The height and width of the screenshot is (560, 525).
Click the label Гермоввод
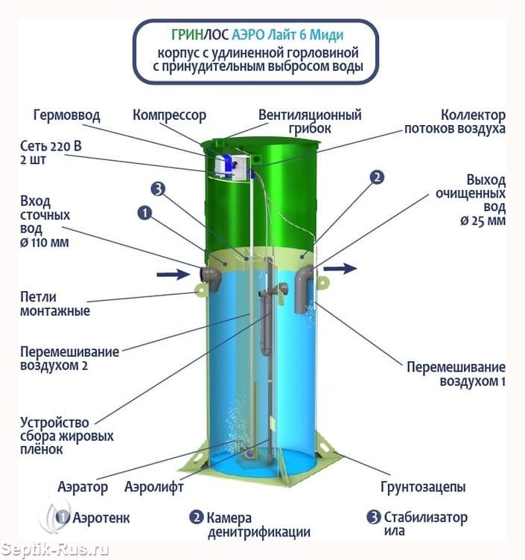click(x=66, y=115)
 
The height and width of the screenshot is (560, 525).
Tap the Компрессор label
click(x=170, y=115)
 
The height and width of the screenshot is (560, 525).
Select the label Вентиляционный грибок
click(x=310, y=121)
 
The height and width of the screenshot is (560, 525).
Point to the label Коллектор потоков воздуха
click(x=455, y=121)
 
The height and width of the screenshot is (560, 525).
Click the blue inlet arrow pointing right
click(x=174, y=274)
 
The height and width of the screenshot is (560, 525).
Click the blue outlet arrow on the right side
click(x=340, y=268)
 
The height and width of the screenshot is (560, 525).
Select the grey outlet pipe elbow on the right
click(x=305, y=289)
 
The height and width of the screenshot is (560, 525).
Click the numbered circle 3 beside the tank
click(x=158, y=188)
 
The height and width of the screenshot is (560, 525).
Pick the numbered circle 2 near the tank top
click(x=377, y=177)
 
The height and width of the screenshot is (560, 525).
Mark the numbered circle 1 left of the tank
click(x=144, y=213)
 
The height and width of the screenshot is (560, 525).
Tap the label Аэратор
click(x=83, y=487)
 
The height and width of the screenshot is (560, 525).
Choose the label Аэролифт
click(x=154, y=486)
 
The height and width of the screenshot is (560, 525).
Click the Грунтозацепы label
click(x=423, y=487)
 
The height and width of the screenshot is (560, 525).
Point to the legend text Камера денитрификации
click(x=258, y=525)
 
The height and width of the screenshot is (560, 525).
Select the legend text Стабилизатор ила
click(x=425, y=524)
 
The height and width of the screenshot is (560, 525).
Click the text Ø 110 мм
click(x=44, y=243)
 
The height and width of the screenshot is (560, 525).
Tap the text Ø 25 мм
click(x=483, y=221)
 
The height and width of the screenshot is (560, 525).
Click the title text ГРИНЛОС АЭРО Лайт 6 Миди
click(x=258, y=35)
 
